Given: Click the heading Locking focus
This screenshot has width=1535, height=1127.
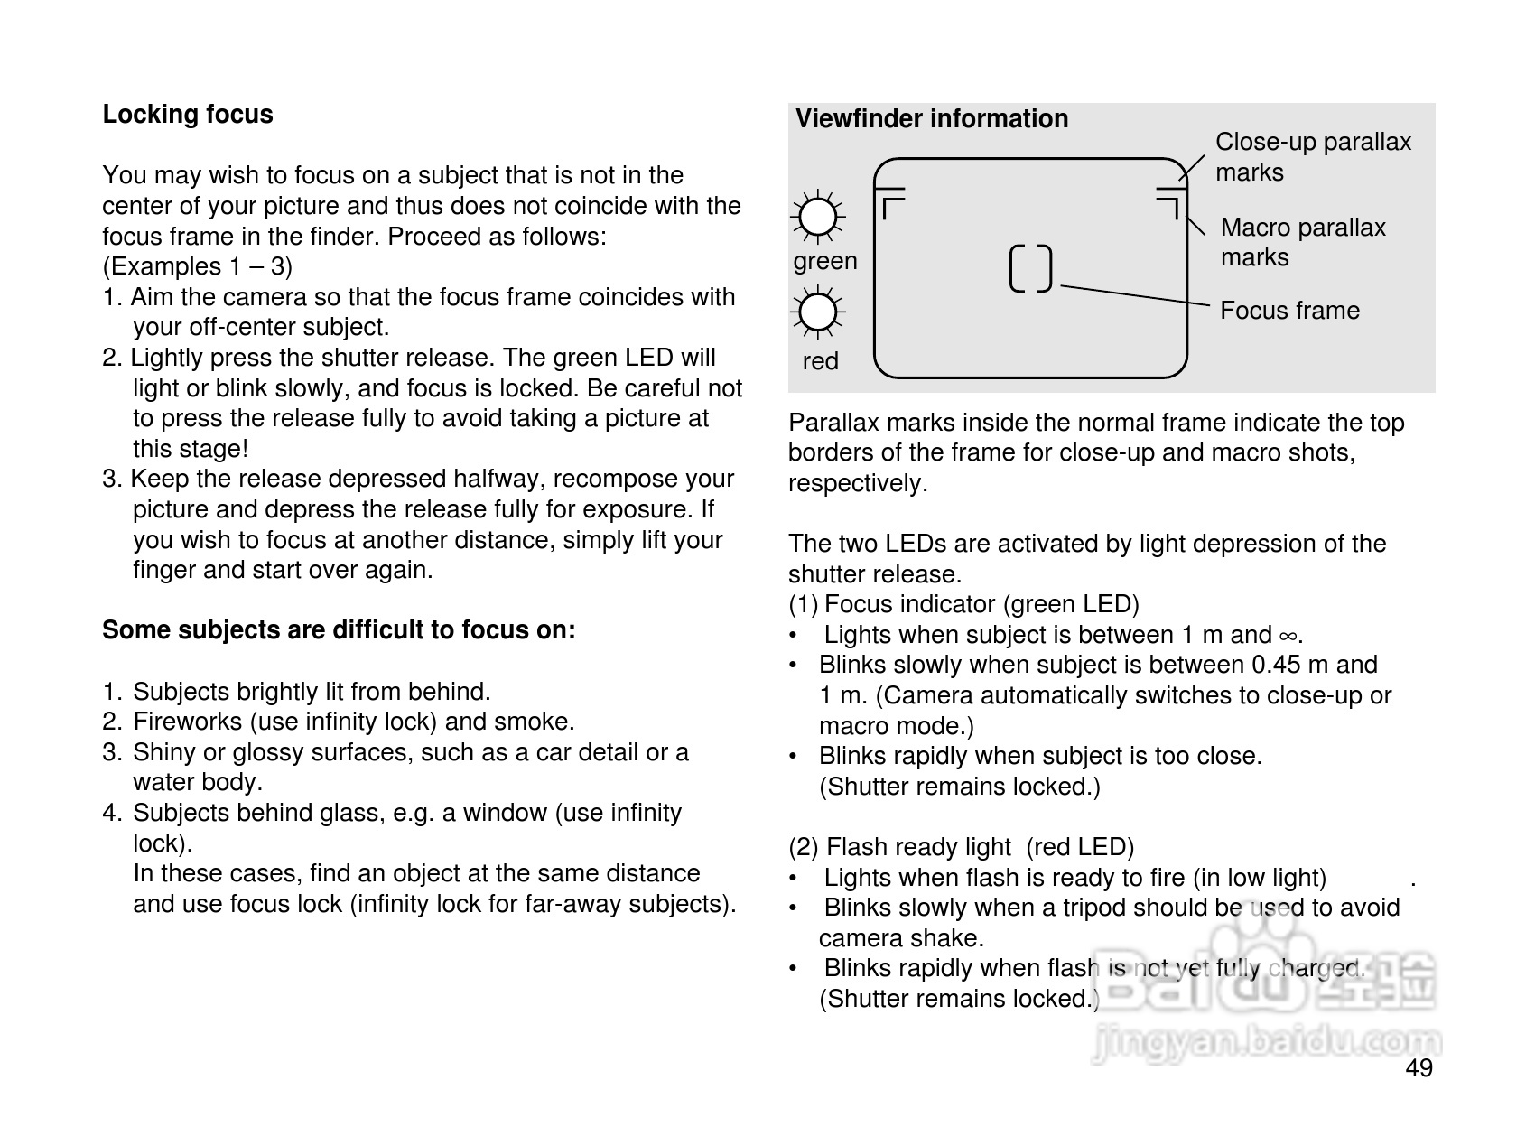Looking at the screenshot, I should pyautogui.click(x=187, y=115).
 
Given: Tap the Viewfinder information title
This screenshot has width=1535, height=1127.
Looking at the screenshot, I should pyautogui.click(x=931, y=119).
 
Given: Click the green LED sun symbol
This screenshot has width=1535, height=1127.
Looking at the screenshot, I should pyautogui.click(x=818, y=217).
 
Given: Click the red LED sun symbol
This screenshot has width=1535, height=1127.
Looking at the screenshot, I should pyautogui.click(x=818, y=312).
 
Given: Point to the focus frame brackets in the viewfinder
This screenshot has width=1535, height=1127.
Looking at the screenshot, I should pyautogui.click(x=1030, y=268).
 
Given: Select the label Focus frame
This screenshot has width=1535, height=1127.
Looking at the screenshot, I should pyautogui.click(x=1288, y=311).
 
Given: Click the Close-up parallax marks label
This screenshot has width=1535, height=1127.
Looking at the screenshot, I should pyautogui.click(x=1312, y=156).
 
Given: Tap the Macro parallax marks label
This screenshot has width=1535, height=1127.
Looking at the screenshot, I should pyautogui.click(x=1302, y=242).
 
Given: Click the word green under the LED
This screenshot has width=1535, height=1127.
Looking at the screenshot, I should pyautogui.click(x=824, y=261).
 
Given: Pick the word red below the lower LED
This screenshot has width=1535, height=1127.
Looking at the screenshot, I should pyautogui.click(x=820, y=361).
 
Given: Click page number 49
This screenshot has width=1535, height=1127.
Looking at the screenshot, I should pyautogui.click(x=1419, y=1068).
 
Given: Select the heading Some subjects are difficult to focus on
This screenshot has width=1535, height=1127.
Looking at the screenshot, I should pyautogui.click(x=339, y=630).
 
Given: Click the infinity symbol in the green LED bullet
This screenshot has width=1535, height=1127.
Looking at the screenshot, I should pyautogui.click(x=1288, y=636).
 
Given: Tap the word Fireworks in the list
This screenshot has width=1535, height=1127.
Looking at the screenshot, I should pyautogui.click(x=188, y=722).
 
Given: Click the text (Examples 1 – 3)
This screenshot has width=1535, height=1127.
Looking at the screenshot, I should pyautogui.click(x=198, y=266).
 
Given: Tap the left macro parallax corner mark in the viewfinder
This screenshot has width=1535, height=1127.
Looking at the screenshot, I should pyautogui.click(x=892, y=209).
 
